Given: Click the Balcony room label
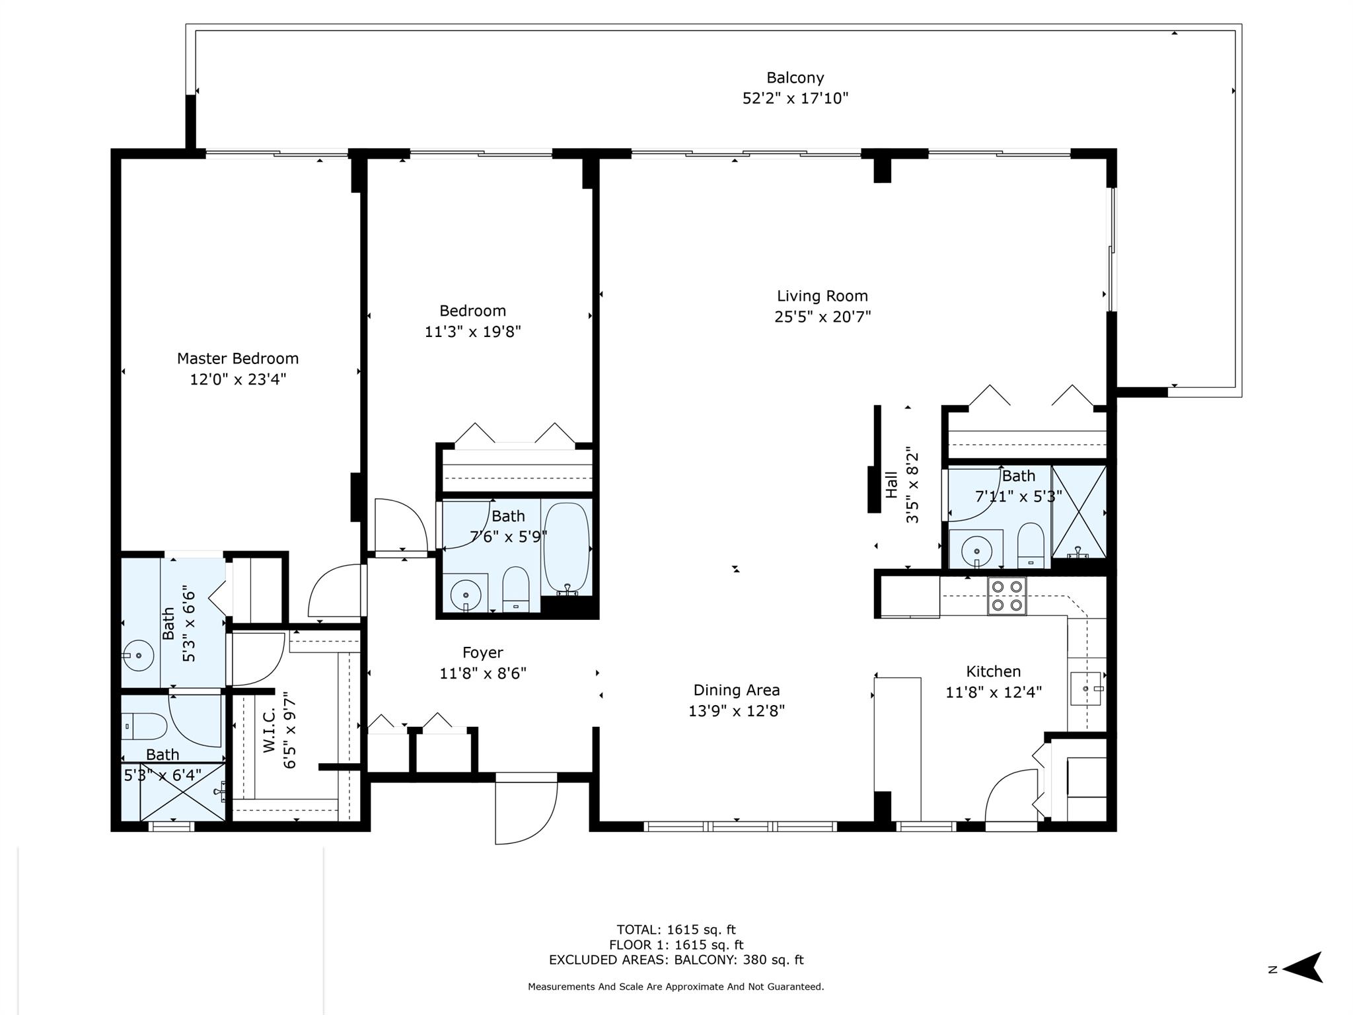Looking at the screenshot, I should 795,78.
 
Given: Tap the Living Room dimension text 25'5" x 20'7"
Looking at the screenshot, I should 823,317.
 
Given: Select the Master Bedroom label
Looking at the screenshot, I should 238,358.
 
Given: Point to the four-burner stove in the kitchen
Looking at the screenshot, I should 1007,596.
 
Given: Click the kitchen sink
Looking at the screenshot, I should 1086,689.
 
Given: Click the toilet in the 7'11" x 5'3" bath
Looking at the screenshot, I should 1031,545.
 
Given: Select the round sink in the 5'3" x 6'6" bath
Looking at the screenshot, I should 137,656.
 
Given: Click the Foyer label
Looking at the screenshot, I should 482,652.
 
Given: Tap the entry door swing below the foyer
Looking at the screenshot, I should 526,811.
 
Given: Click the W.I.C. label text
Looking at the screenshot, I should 269,731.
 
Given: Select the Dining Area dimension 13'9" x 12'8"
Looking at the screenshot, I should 736,711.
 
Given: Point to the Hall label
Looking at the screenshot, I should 891,484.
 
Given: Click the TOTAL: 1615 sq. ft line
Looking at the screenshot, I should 676,930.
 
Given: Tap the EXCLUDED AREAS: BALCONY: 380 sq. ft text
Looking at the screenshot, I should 676,960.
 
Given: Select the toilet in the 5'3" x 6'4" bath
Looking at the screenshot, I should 145,726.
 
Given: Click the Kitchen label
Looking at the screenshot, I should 993,671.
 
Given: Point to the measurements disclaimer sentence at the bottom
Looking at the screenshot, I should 676,987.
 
